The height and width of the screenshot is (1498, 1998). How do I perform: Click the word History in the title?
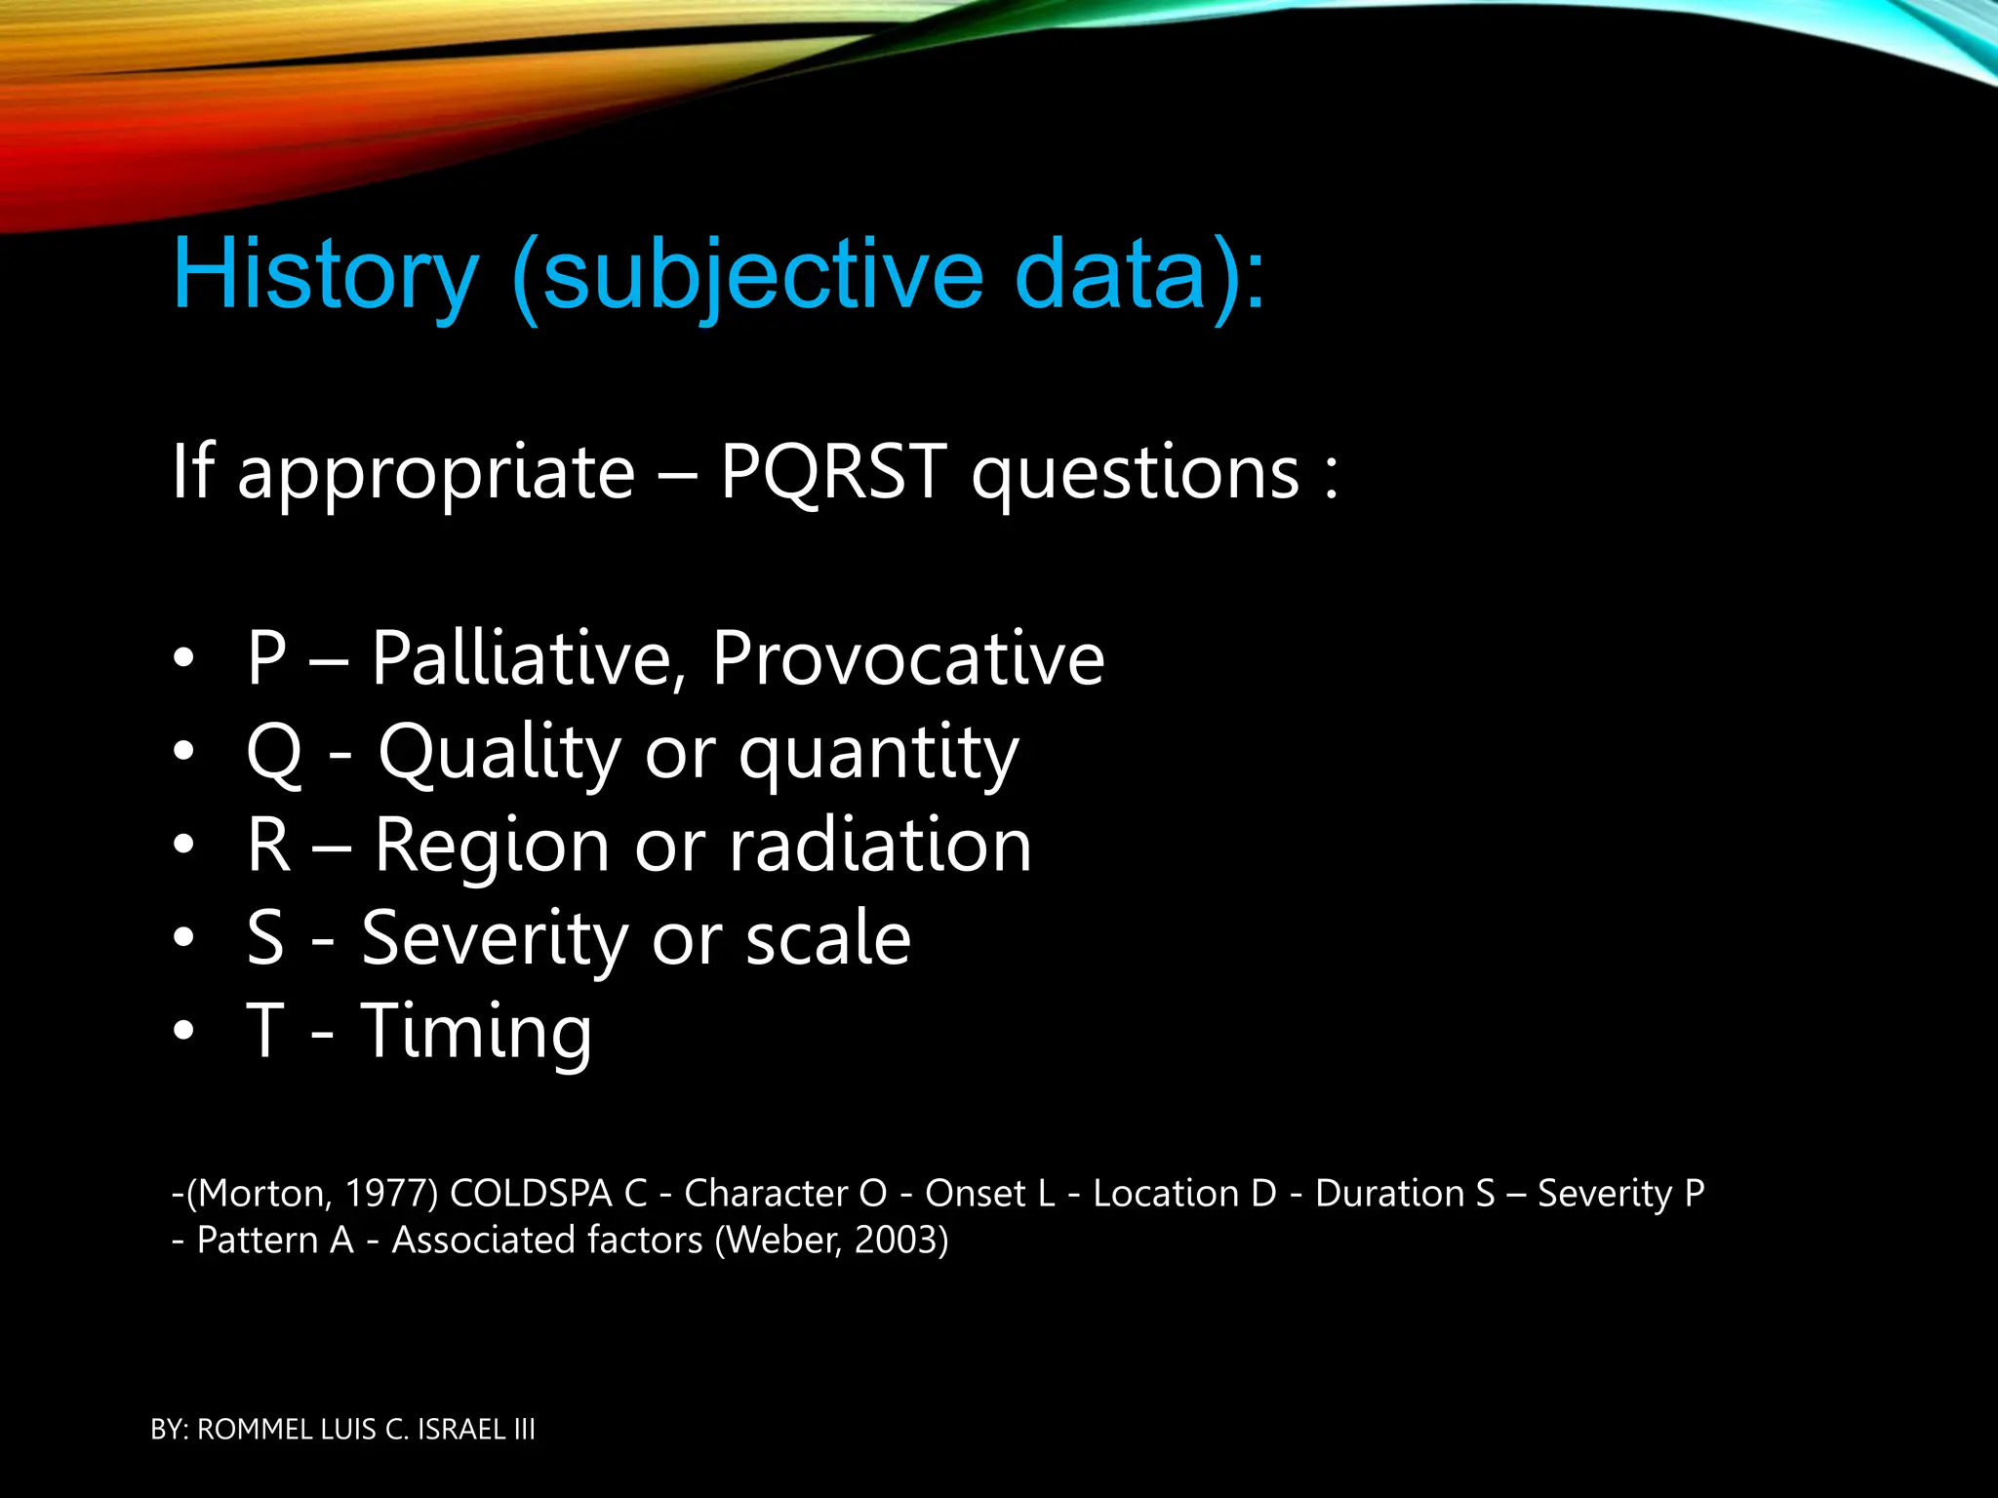(x=325, y=275)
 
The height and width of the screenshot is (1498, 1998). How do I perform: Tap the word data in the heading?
(x=1110, y=275)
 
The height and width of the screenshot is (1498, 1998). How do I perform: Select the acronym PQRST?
(x=832, y=472)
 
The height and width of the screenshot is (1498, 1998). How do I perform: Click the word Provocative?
(x=907, y=658)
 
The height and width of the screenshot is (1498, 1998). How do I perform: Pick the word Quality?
(x=499, y=754)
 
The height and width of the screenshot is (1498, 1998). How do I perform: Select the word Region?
(x=492, y=846)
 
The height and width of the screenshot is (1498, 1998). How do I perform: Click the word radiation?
(x=880, y=844)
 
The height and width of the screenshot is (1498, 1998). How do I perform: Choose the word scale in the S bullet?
(x=828, y=938)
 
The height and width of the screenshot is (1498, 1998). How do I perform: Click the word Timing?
(x=476, y=1032)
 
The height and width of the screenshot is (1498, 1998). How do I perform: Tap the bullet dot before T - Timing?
(x=183, y=1032)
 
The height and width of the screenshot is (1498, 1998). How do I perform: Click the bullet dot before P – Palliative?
(x=183, y=658)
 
